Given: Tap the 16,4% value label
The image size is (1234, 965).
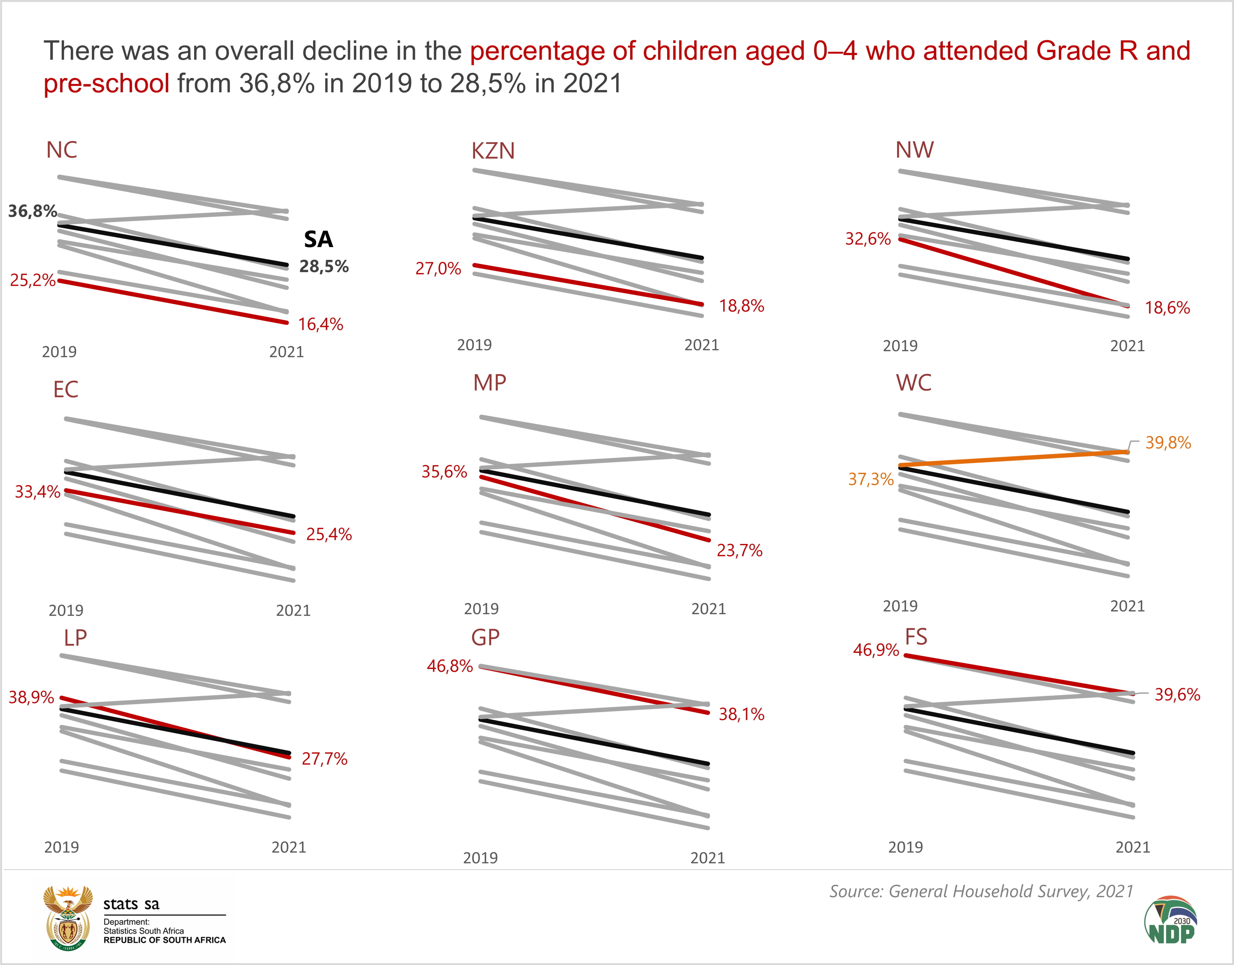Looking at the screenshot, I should [x=320, y=324].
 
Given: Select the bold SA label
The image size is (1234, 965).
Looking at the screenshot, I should [x=318, y=240].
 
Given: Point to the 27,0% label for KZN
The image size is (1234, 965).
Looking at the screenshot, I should [x=438, y=268].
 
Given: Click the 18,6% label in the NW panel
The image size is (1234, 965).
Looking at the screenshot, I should [x=1167, y=308].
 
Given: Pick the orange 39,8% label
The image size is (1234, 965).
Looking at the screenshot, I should [x=1168, y=442].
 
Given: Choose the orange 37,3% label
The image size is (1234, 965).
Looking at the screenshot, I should [x=870, y=480].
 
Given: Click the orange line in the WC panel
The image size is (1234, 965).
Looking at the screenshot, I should [x=1015, y=458].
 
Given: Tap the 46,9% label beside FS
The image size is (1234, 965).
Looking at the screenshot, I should [x=876, y=650].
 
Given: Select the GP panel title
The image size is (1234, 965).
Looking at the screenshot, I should [x=485, y=638].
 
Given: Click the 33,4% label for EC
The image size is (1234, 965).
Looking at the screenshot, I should [x=37, y=492].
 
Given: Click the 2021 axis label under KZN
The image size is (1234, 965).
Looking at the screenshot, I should [x=701, y=345].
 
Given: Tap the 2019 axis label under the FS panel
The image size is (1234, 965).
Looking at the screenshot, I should [x=905, y=847].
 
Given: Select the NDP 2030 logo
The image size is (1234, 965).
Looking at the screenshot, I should [x=1171, y=920].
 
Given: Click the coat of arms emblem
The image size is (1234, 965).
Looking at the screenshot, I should [x=68, y=918].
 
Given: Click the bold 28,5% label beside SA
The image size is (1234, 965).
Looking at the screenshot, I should [x=324, y=267].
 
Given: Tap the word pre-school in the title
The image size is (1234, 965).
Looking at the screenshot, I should [x=106, y=83].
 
